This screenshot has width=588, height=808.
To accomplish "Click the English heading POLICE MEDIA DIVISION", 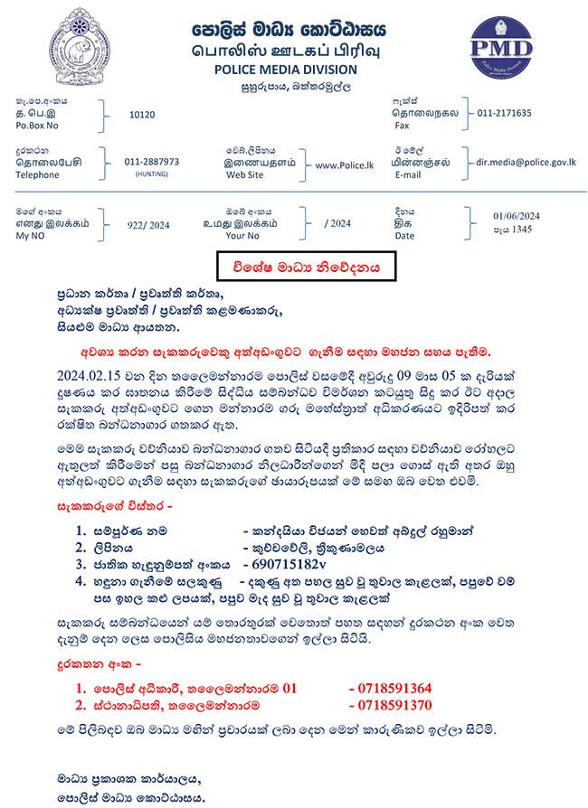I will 285,70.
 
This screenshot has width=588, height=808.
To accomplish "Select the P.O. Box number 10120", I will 143,115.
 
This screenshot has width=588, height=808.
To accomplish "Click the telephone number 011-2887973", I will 152,161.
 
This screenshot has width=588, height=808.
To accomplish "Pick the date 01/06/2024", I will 516,215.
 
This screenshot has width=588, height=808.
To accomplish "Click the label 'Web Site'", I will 244,175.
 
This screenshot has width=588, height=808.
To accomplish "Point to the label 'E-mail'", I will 408,175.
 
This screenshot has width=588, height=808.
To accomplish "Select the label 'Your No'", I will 242,236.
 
